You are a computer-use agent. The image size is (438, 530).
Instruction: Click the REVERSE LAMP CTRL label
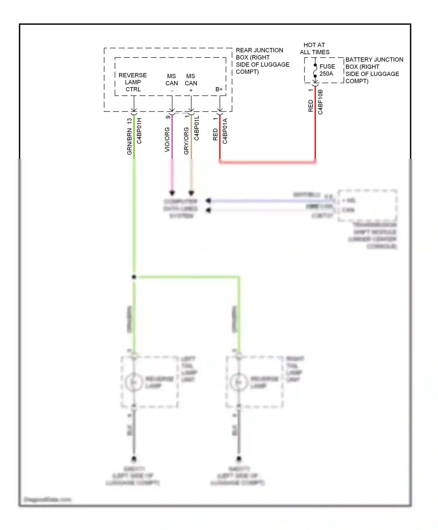tap(133, 82)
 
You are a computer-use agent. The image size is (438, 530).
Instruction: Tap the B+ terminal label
tap(219, 89)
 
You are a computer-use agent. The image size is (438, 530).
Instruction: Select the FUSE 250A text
tap(327, 70)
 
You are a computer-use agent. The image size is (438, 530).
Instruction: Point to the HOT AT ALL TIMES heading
tap(314, 49)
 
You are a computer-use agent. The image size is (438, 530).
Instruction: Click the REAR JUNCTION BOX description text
tap(262, 61)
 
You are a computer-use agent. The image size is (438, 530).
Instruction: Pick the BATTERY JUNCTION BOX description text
tap(374, 70)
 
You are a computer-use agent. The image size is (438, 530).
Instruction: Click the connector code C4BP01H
tap(139, 131)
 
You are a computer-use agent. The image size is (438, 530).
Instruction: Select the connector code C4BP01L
tap(197, 128)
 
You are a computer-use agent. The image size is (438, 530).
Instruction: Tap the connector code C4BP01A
tap(225, 131)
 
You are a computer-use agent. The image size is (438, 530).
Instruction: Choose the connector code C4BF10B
tap(320, 102)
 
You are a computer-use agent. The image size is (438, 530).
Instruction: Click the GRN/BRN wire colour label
tap(129, 141)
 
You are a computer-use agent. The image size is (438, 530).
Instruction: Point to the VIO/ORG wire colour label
tap(167, 139)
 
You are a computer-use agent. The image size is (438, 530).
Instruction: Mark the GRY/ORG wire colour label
tap(186, 141)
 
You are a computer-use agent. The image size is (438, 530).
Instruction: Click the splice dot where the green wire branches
tap(134, 277)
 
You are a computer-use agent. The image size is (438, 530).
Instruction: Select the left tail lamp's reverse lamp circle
tap(134, 382)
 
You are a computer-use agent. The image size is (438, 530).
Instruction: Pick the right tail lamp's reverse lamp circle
tap(239, 382)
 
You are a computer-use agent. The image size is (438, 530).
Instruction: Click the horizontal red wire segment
tap(267, 162)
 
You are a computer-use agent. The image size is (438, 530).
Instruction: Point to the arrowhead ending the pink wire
tap(172, 193)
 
